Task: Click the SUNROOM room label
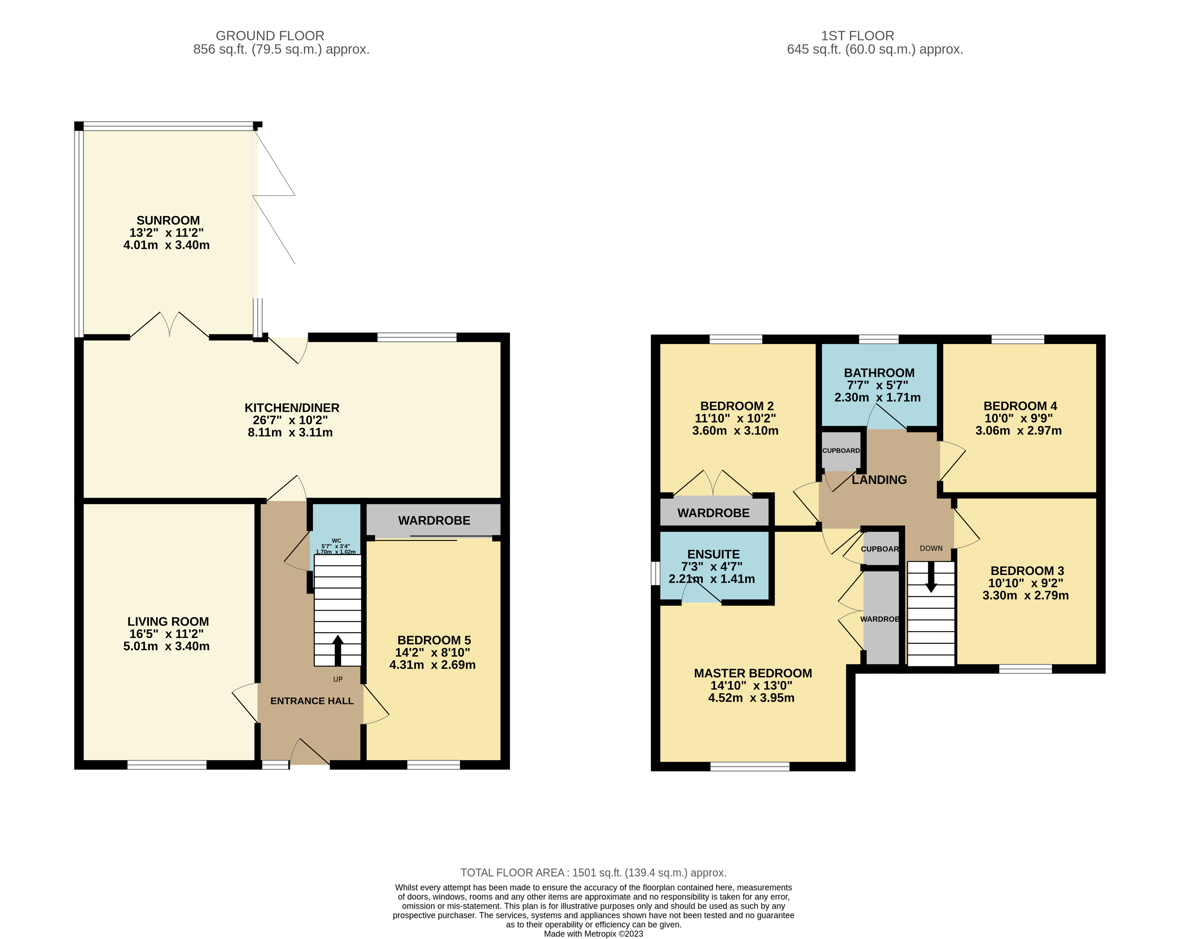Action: [x=168, y=220]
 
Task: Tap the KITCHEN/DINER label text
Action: [x=292, y=408]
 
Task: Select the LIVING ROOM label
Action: [x=168, y=621]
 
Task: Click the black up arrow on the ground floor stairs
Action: [x=338, y=649]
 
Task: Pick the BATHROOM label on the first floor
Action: [x=879, y=373]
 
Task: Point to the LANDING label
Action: [x=879, y=480]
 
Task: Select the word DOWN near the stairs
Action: [x=931, y=548]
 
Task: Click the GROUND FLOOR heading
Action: [x=270, y=35]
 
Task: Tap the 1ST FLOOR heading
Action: [x=857, y=35]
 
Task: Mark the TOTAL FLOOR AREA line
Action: [x=593, y=873]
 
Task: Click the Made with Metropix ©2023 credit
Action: [x=593, y=934]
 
